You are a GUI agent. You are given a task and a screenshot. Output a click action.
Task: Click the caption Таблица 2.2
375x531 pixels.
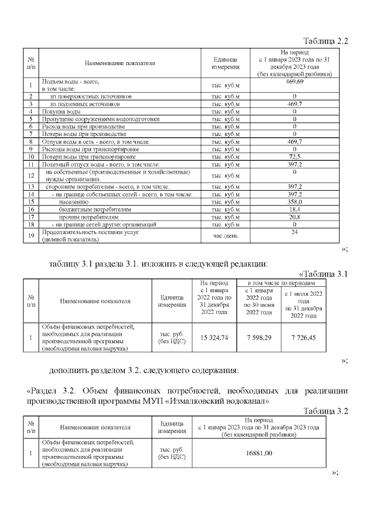[x=325, y=41]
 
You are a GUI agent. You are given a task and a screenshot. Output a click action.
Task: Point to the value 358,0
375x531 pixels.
[x=294, y=201]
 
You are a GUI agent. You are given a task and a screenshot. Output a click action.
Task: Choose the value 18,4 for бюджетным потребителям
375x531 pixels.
[x=294, y=209]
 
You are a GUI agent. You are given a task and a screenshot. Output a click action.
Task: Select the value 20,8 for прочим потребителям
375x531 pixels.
[x=294, y=217]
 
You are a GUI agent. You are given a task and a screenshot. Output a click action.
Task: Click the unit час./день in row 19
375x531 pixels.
[x=226, y=235]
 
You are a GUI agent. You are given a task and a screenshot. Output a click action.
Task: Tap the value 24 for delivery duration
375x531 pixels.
[x=294, y=232]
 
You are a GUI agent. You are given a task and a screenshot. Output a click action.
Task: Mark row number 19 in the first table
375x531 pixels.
[x=30, y=235]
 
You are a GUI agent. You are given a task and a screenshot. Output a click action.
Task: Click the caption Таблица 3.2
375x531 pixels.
[x=325, y=411]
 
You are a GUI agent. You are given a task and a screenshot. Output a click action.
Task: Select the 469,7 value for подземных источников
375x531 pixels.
[x=294, y=104]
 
